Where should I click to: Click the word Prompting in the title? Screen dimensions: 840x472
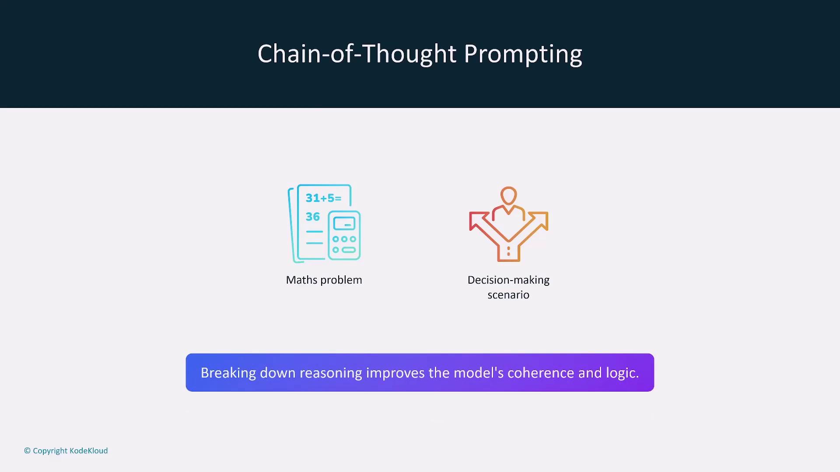[523, 55]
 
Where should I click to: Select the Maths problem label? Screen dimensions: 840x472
[324, 280]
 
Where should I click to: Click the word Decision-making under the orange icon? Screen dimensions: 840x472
[508, 280]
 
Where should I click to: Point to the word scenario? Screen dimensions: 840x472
[508, 295]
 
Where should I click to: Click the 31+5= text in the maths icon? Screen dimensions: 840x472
[323, 198]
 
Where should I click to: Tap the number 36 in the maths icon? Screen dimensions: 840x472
[312, 217]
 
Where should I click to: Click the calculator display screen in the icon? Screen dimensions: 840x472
[344, 224]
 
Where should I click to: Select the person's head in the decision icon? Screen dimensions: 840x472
[509, 195]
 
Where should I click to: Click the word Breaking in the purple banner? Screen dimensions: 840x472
[228, 373]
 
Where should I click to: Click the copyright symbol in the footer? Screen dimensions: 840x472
[27, 451]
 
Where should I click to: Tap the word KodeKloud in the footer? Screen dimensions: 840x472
[88, 451]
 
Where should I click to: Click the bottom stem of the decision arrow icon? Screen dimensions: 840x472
[508, 252]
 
